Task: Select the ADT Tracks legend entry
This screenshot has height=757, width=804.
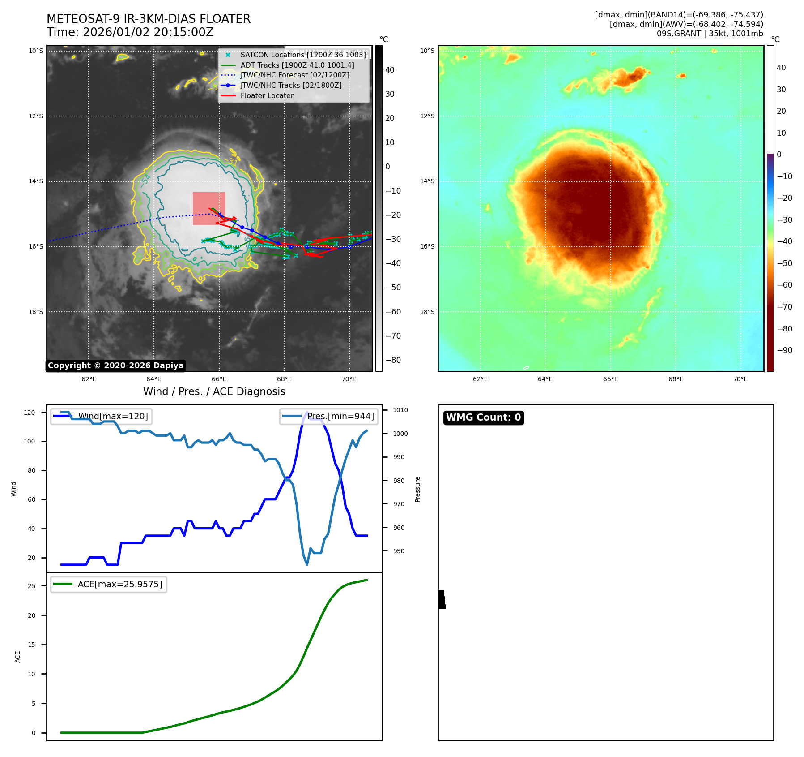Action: (297, 65)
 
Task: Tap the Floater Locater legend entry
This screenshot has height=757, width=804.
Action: (267, 95)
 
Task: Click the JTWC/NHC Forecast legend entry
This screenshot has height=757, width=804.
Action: (294, 75)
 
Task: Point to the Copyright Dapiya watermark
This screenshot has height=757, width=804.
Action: (115, 366)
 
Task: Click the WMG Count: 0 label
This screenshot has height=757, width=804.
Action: (483, 417)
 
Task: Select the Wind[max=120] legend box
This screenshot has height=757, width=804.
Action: (101, 416)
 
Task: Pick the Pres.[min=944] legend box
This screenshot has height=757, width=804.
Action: (329, 416)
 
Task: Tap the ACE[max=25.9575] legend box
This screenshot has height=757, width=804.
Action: (109, 584)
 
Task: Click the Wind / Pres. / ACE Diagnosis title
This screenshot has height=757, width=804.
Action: (214, 391)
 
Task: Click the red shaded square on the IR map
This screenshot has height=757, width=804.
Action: (209, 208)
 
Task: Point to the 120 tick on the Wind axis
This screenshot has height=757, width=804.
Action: (30, 413)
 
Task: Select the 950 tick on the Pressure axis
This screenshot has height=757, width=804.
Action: (399, 551)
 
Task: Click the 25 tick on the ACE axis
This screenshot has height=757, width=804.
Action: (31, 586)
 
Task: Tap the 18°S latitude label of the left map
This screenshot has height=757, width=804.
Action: (36, 312)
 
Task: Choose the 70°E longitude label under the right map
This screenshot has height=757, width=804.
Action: (740, 379)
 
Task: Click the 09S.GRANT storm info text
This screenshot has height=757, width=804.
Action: (710, 34)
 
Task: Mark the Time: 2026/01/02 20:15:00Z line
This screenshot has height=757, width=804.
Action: (130, 32)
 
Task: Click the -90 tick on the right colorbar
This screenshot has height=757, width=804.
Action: (784, 350)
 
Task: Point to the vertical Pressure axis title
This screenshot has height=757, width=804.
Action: (417, 489)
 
